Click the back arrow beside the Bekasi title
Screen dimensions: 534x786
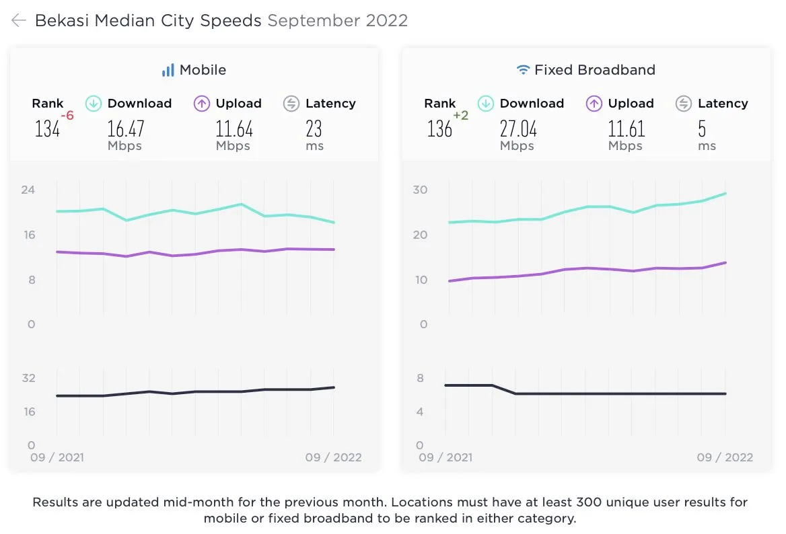coord(19,21)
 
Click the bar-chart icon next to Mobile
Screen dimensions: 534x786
coord(168,70)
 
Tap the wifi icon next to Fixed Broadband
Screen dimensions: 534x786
coord(523,70)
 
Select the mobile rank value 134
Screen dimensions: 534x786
coord(47,129)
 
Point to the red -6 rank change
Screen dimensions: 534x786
coord(67,116)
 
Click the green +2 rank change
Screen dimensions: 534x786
coord(461,116)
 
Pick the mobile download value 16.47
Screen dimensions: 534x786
coord(126,128)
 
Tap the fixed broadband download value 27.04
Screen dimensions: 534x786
coord(518,128)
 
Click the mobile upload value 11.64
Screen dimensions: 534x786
coord(234,128)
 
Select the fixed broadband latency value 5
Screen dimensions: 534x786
coord(702,128)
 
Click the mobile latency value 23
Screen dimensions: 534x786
coord(314,128)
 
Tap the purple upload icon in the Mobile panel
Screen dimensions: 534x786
coord(202,104)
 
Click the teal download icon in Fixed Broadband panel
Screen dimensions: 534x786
coord(486,104)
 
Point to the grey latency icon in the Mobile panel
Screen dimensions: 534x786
coord(291,104)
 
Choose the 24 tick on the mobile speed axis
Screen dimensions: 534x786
coord(28,190)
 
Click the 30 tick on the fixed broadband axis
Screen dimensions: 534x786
coord(420,190)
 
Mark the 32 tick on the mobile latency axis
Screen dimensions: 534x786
coord(28,378)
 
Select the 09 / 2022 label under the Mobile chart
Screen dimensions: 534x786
coord(333,457)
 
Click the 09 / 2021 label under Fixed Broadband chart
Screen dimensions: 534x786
coord(445,457)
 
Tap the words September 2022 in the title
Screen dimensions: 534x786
coord(337,21)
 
